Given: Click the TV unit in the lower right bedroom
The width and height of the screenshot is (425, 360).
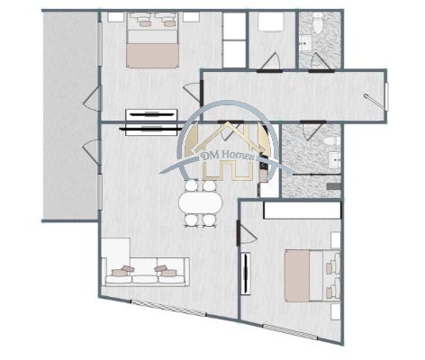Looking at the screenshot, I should coord(248,274).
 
